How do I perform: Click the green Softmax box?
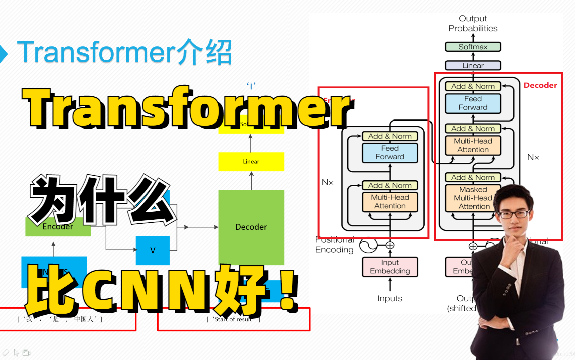point(473,47)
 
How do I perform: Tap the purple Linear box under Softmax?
point(473,65)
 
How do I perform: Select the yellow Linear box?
point(251,162)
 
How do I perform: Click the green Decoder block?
point(251,226)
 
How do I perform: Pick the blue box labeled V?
point(153,250)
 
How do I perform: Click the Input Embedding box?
point(390,267)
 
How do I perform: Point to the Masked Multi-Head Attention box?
point(473,198)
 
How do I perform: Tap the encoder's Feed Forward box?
point(390,152)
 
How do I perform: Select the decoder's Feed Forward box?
point(473,103)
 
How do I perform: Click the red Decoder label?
point(540,85)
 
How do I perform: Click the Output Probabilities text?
point(473,24)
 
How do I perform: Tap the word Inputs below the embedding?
point(390,298)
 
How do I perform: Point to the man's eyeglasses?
point(514,214)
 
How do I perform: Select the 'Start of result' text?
point(234,319)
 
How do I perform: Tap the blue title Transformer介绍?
point(124,53)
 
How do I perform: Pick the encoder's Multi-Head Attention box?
point(390,201)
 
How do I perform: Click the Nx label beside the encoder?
point(327,182)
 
